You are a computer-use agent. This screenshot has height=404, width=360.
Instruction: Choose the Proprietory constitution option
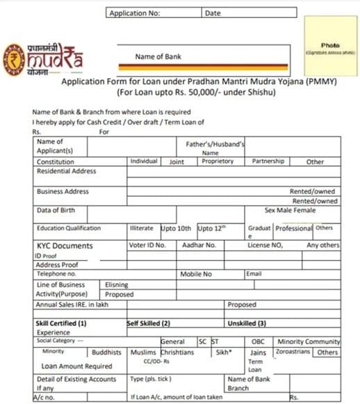tap(218, 161)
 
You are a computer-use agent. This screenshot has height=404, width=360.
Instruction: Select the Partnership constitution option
tap(268, 161)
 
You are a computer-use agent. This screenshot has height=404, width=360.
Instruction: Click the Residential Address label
tap(67, 171)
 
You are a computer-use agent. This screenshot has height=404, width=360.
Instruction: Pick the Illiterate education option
tap(142, 228)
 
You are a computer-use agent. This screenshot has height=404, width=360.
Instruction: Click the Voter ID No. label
tap(147, 245)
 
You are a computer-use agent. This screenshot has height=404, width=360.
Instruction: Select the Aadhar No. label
tap(199, 245)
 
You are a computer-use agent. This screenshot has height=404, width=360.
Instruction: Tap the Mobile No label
tap(196, 274)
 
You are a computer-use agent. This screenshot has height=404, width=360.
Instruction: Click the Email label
tap(254, 274)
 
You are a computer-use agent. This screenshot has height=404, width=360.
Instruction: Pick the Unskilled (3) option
tap(247, 323)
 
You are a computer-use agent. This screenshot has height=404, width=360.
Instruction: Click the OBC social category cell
tap(258, 341)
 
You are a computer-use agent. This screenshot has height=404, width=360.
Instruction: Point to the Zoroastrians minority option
tap(291, 353)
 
